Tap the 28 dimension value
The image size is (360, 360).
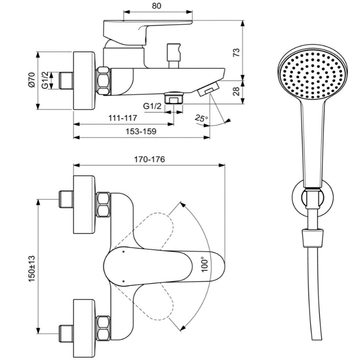coord(236,91)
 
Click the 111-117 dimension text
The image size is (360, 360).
coord(124,118)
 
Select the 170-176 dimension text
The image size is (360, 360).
coord(149,159)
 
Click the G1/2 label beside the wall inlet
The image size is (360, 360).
coord(45,80)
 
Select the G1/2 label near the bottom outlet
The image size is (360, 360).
coord(152,106)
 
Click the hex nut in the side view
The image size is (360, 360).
coord(104,81)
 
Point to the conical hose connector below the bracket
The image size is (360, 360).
coord(312,238)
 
